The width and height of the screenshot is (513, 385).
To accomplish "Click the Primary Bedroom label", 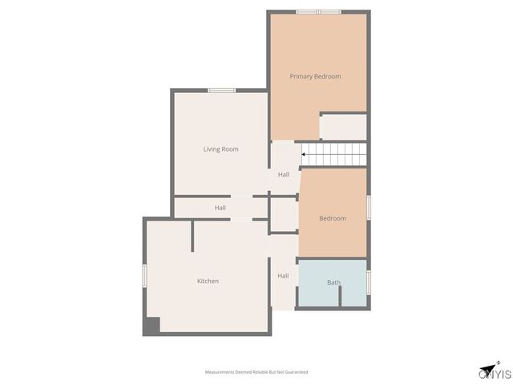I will pos(315,76).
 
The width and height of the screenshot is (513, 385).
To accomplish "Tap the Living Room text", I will pos(220,149).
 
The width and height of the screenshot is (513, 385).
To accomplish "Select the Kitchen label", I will pos(208,281).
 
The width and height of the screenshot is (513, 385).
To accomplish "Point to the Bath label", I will pos(333,282).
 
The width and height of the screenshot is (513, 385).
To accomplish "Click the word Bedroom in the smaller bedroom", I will pos(332,218).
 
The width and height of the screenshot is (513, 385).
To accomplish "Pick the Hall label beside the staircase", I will pos(284,175).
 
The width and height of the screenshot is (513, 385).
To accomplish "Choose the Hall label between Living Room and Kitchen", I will pos(220,208).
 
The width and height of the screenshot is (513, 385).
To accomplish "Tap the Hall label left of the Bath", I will pos(283,276).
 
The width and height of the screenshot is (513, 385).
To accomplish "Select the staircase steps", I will pos(335,153).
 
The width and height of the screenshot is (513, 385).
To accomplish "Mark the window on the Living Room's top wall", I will pos(221,91).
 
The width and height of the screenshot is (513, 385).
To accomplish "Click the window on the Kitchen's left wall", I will pos(144,274).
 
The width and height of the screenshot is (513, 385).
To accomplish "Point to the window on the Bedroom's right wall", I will pos(368,206).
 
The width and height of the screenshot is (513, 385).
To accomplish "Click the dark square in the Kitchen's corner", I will pos(151,326).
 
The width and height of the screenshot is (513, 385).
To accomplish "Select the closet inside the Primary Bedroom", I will pos(343,127).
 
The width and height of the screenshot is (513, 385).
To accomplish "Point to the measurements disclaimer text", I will pos(256,372).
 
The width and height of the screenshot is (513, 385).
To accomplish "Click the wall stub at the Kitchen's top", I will pos(192,237).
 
